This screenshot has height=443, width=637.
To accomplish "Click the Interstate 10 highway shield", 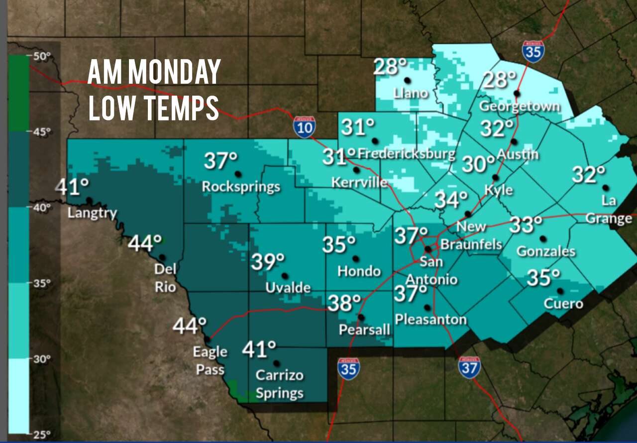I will [x=304, y=127].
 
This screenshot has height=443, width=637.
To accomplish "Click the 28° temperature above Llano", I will [x=391, y=66].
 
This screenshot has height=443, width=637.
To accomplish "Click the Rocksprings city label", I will [x=241, y=187].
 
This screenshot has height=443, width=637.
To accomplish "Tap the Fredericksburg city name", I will [x=406, y=154].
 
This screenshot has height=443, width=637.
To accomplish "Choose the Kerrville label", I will [x=359, y=183].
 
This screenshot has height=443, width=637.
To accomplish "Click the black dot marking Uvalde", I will [x=285, y=276].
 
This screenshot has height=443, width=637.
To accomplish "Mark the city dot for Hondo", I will [x=356, y=258].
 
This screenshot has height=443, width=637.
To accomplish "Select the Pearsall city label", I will [x=364, y=330].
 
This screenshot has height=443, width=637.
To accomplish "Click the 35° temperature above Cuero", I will [x=543, y=278].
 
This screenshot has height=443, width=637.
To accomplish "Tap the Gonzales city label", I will [x=546, y=252].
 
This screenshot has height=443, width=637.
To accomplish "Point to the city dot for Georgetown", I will [x=517, y=93].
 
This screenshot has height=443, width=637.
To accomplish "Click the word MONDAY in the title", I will [x=174, y=72].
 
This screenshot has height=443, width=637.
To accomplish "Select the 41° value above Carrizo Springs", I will [x=259, y=348].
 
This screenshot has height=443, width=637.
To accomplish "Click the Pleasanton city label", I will [x=431, y=319].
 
